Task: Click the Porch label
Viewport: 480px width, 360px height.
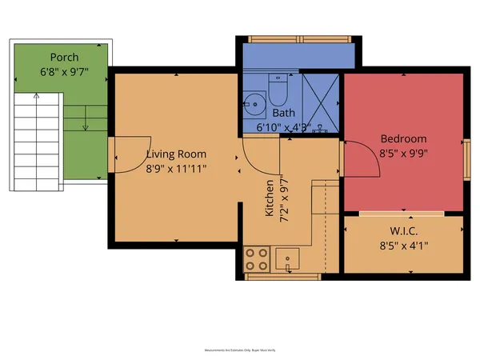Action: click(64, 57)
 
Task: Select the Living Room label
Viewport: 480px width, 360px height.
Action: click(176, 154)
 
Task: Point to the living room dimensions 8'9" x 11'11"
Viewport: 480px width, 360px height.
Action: click(176, 168)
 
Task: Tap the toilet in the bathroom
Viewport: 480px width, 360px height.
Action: click(278, 94)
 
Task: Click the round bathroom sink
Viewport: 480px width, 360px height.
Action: click(255, 103)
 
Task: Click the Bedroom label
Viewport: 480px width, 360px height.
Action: click(403, 138)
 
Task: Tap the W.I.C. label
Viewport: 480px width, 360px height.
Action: click(403, 231)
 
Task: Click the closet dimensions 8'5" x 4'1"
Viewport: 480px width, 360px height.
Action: click(403, 246)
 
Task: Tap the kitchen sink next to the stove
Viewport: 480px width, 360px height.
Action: click(287, 258)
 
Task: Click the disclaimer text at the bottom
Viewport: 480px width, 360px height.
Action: click(239, 350)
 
